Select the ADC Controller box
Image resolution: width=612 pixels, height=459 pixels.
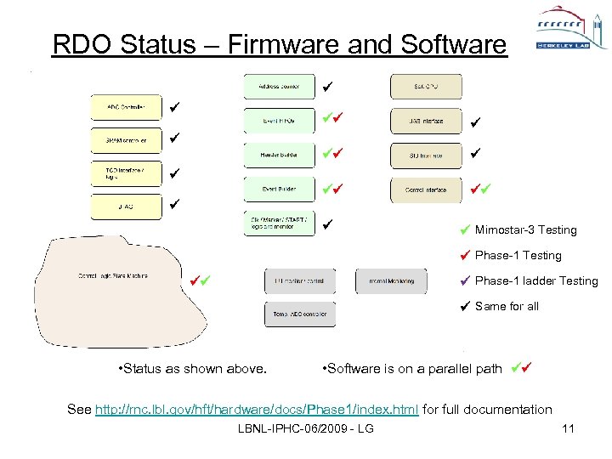(126, 107)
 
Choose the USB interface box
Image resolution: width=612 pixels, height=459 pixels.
(426, 122)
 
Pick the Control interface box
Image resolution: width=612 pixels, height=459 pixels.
(426, 190)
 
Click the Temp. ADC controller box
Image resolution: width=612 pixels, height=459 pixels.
(300, 314)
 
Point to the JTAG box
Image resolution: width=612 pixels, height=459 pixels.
(126, 205)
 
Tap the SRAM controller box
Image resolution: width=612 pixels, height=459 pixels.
(126, 139)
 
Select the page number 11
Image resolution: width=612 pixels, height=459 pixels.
(569, 428)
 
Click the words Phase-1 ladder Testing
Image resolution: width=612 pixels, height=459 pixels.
(536, 281)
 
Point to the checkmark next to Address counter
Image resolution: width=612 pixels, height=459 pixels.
(328, 86)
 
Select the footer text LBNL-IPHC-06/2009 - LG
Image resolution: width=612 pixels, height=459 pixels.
(307, 428)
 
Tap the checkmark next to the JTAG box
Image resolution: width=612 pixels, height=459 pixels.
(173, 205)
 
